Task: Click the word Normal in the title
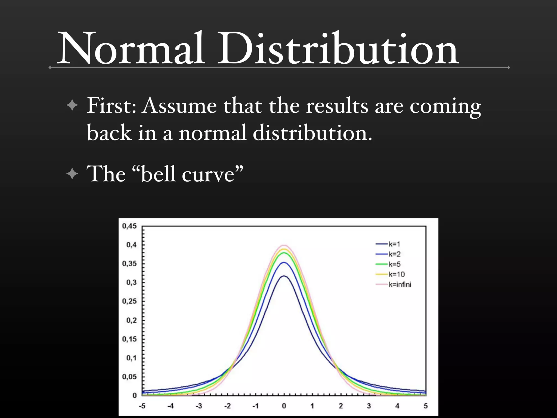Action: [x=131, y=49]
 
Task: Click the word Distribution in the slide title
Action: [x=338, y=49]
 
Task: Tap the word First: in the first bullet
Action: [x=111, y=106]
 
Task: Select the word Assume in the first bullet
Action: [x=180, y=106]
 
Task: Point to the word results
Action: [x=337, y=106]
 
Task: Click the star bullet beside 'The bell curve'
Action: [x=72, y=174]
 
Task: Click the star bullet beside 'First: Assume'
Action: [x=72, y=105]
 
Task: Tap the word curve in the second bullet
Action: [x=208, y=174]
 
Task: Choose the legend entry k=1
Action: [x=394, y=244]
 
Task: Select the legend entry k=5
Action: [x=394, y=264]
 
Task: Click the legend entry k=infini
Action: [x=400, y=285]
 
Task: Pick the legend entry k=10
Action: [x=396, y=274]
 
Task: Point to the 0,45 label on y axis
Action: [x=129, y=226]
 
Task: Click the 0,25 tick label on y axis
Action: [x=129, y=301]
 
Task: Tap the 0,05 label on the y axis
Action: [x=129, y=377]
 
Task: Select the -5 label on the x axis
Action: [x=142, y=406]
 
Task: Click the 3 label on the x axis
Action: [x=369, y=406]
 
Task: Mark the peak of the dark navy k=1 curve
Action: [x=284, y=276]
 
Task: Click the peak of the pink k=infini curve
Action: [x=284, y=245]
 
